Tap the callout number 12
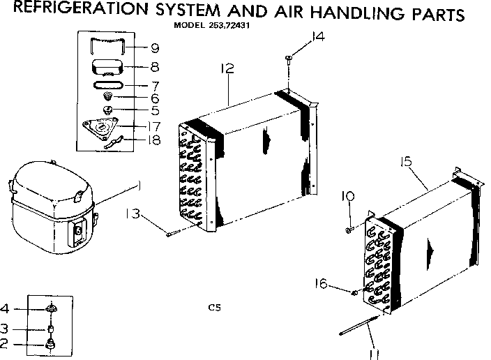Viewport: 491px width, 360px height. [x=226, y=68]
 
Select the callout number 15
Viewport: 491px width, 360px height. [x=407, y=162]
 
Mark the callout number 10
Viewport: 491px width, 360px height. [x=347, y=197]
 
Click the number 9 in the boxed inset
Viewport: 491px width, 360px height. [x=154, y=48]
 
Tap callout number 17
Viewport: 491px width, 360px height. [x=154, y=126]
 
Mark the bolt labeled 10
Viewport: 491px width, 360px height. [x=348, y=227]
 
